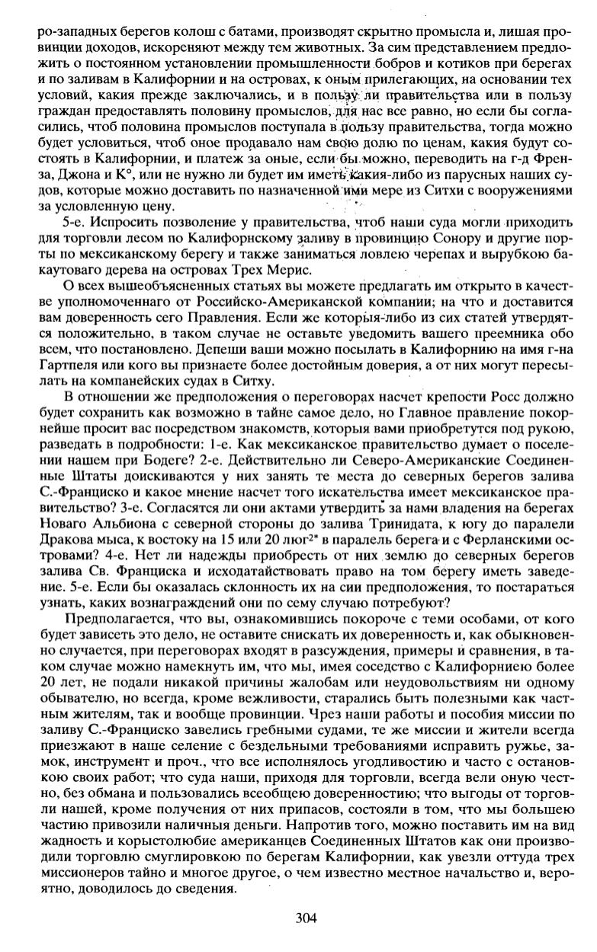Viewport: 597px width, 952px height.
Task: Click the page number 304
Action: [x=305, y=918]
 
